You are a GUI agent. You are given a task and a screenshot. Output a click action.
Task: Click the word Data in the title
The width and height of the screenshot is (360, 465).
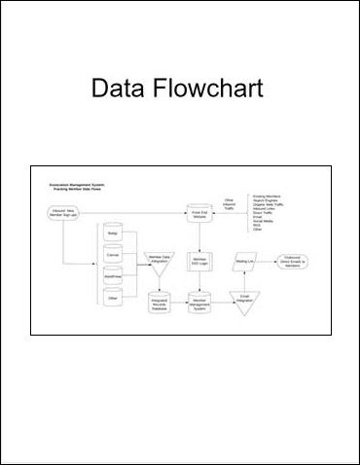(117, 90)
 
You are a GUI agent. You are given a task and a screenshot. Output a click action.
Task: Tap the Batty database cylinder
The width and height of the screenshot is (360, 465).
(112, 233)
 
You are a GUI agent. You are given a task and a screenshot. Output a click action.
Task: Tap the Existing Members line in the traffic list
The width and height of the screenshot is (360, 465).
(269, 196)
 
